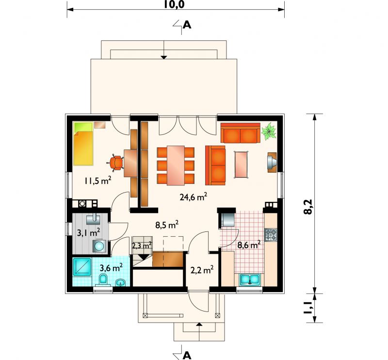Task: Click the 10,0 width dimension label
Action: click(174, 4)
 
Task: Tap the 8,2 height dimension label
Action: click(309, 207)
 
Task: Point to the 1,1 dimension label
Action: click(309, 308)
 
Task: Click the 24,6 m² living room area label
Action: click(194, 197)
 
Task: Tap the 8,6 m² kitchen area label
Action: click(249, 245)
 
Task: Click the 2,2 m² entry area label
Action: click(202, 270)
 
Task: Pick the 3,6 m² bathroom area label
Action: click(111, 267)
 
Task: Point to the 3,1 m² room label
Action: click(88, 233)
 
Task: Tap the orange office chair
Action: click(115, 163)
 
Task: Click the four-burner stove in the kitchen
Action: click(271, 235)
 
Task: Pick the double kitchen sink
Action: click(249, 279)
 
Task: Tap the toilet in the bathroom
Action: click(103, 280)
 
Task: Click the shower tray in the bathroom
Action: click(82, 267)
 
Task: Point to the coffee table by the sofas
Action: click(241, 164)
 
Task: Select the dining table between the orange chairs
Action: click(176, 165)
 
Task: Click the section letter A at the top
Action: click(187, 25)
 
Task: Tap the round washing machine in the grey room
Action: click(99, 246)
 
